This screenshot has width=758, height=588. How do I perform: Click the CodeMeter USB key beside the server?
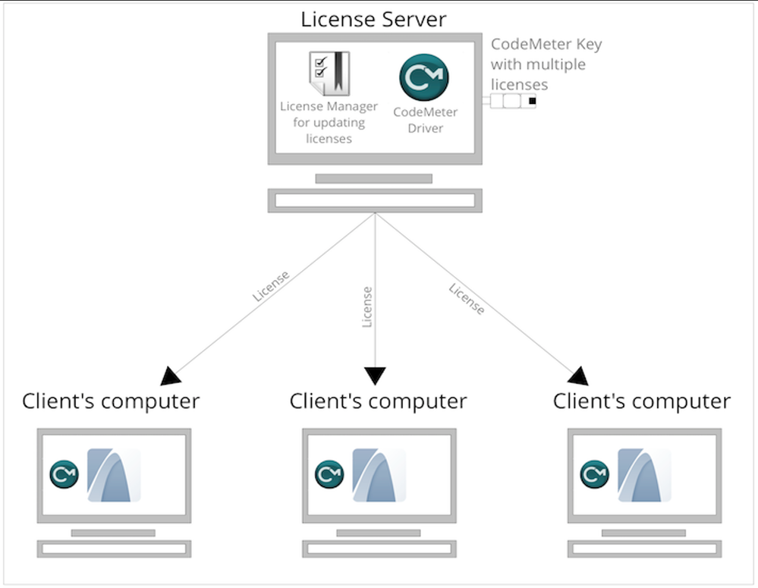tap(512, 101)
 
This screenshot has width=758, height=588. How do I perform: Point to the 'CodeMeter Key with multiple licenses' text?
tap(546, 64)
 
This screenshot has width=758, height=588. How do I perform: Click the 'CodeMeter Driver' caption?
tap(425, 120)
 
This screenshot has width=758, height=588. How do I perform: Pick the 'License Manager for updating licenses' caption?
tap(329, 122)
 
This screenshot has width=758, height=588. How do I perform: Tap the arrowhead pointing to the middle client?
tap(375, 376)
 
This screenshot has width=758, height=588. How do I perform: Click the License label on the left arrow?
tap(271, 287)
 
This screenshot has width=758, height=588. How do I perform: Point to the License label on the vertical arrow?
tap(367, 307)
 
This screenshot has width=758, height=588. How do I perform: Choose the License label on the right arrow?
tap(467, 299)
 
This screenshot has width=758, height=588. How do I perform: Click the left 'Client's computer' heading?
tap(111, 401)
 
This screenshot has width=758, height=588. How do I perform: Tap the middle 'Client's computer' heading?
tap(378, 401)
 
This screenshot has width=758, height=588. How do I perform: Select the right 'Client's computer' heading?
tap(642, 401)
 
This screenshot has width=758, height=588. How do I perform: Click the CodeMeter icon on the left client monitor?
tap(64, 474)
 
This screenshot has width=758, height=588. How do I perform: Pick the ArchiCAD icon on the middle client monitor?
tap(379, 475)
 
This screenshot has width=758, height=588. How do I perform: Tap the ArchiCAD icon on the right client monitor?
tap(644, 475)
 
